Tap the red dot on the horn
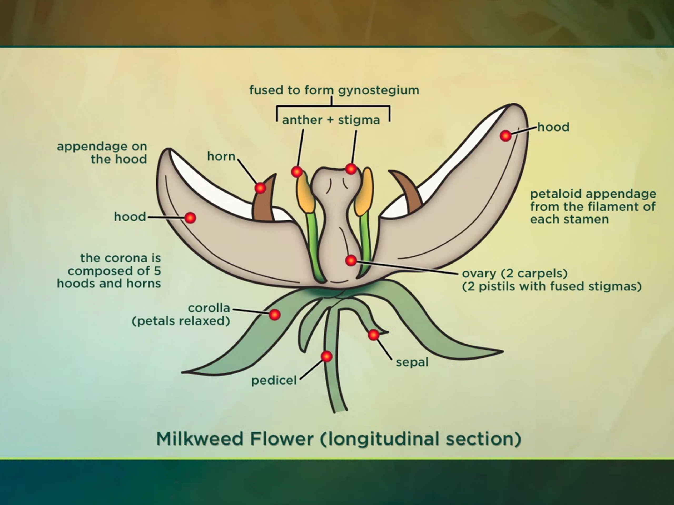[x=260, y=188]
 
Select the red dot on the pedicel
[x=327, y=356]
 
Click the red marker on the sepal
[x=374, y=335]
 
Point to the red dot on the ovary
[x=351, y=260]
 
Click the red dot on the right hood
[x=506, y=135]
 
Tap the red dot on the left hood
[x=190, y=218]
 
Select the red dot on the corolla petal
[x=275, y=315]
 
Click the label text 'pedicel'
[x=274, y=381]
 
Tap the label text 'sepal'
[x=412, y=362]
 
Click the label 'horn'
[x=221, y=156]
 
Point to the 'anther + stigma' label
[x=331, y=120]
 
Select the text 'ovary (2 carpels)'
[x=515, y=273]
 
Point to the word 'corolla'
[x=209, y=308]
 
